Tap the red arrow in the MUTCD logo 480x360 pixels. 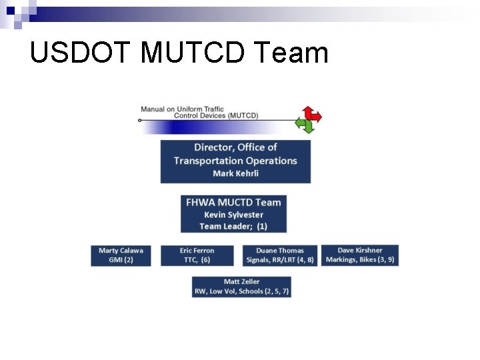[x=312, y=115]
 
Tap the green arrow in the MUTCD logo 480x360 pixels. [x=305, y=125]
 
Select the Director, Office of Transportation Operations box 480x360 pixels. [x=235, y=161]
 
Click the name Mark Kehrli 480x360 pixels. [x=235, y=173]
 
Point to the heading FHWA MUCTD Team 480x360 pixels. [x=233, y=203]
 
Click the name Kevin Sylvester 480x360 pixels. [x=233, y=215]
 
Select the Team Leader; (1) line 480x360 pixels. [x=233, y=226]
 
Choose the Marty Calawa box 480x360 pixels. [x=121, y=255]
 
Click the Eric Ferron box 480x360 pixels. [x=197, y=255]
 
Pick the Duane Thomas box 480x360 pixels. [x=279, y=255]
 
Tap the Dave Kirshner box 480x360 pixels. [x=360, y=255]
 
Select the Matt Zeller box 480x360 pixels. [x=241, y=287]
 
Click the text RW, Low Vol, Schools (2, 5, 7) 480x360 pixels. [x=241, y=291]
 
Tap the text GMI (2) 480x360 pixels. [x=121, y=260]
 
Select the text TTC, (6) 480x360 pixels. [x=197, y=260]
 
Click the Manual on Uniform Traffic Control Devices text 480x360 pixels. [x=199, y=112]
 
